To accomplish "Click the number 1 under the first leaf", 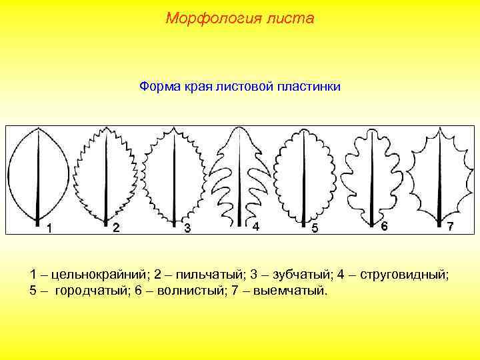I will coord(49,229).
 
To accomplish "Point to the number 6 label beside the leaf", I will coord(384,226).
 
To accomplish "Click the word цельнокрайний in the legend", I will coord(95,275).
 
